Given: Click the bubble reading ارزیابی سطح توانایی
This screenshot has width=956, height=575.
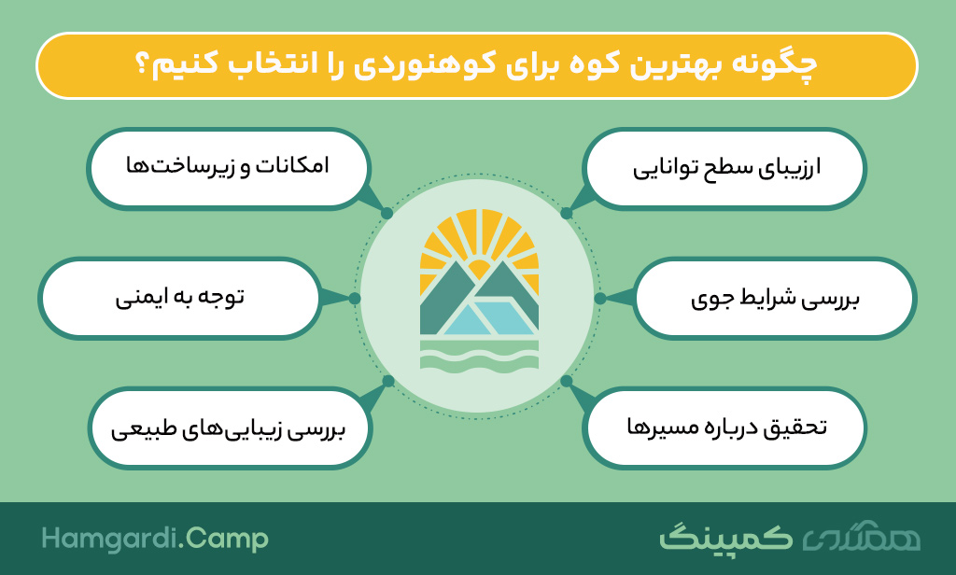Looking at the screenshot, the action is [x=724, y=168].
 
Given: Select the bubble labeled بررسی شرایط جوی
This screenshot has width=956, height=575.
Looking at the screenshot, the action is [x=774, y=298].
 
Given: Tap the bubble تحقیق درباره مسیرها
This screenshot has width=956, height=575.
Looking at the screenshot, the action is [x=724, y=428].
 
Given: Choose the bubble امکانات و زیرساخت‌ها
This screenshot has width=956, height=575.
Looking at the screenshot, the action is [x=228, y=168].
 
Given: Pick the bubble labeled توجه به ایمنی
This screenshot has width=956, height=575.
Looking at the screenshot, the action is [x=179, y=298].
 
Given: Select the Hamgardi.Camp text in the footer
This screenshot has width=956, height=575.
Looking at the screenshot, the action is [x=155, y=539].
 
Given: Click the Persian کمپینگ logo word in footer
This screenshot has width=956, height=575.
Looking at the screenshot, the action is [x=725, y=538].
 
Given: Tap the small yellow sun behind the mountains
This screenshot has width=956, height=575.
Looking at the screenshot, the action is [x=479, y=269].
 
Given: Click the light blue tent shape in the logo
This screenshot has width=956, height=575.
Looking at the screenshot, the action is [x=491, y=317].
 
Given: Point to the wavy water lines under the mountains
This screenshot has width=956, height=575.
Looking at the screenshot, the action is [x=479, y=356].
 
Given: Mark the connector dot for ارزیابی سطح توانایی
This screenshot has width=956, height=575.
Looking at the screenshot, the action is [x=567, y=214].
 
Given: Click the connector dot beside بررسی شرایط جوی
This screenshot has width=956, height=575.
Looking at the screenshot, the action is [x=600, y=298].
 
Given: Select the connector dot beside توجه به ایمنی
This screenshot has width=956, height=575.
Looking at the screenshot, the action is [x=355, y=298].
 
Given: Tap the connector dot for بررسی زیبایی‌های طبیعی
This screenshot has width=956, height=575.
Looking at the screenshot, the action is [x=388, y=382].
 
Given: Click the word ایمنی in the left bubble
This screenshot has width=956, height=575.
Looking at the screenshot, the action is [x=140, y=298].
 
